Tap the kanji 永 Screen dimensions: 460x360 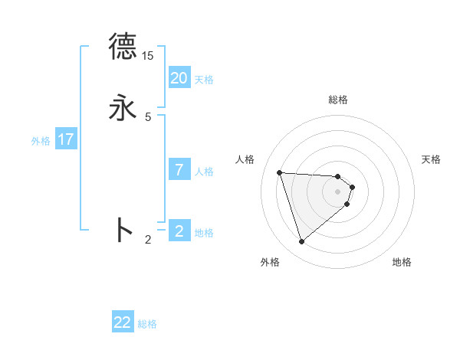(123, 107)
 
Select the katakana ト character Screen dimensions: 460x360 (123, 230)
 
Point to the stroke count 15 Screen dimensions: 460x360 (148, 56)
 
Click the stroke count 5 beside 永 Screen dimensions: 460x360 (148, 116)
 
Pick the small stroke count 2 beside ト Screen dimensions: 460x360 (148, 240)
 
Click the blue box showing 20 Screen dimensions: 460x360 (179, 78)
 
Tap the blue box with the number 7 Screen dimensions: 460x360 (179, 170)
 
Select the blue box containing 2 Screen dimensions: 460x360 (179, 231)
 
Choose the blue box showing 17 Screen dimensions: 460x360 (66, 139)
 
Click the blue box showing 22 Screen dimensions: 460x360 (123, 322)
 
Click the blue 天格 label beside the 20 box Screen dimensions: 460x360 (204, 80)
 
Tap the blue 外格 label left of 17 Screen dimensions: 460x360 (41, 141)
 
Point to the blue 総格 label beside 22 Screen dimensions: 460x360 (147, 324)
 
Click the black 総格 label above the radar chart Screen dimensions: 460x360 (338, 100)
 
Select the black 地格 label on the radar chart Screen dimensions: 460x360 (402, 262)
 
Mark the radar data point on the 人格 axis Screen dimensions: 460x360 (280, 172)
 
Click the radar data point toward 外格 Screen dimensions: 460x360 (302, 241)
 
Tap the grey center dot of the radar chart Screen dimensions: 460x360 (338, 191)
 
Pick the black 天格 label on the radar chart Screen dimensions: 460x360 (431, 159)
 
